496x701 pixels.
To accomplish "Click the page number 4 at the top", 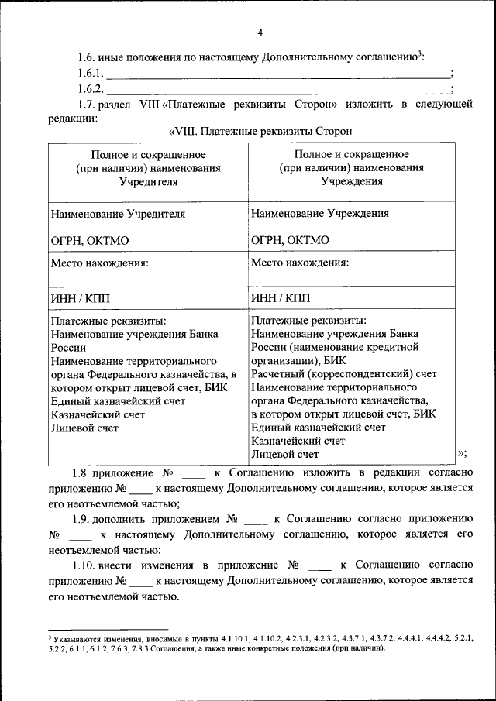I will (x=260, y=33).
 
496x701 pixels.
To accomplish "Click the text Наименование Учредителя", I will (x=118, y=214).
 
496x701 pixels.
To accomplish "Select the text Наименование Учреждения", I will (x=320, y=213).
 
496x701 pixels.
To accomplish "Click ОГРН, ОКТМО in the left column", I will (x=90, y=241).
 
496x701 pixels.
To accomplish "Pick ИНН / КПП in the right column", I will (x=281, y=297).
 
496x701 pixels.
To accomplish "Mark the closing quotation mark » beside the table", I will (x=461, y=453).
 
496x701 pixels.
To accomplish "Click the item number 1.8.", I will (x=82, y=472).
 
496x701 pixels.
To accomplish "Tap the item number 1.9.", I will (x=82, y=519).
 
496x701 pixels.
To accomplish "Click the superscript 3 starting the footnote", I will (x=50, y=634).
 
